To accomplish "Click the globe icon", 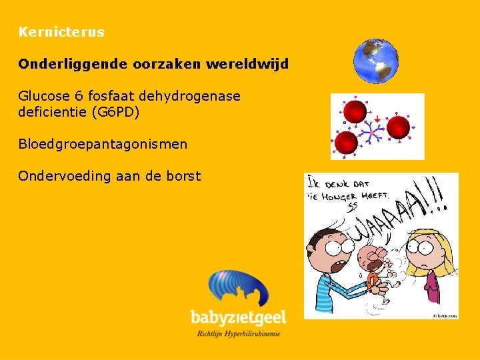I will tap(376, 61).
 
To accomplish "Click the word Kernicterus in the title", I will tap(61, 32).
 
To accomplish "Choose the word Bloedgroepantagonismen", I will tap(103, 143).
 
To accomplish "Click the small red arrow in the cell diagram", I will tap(377, 119).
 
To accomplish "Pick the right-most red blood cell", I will tap(398, 127).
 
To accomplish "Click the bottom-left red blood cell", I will tap(346, 143).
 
